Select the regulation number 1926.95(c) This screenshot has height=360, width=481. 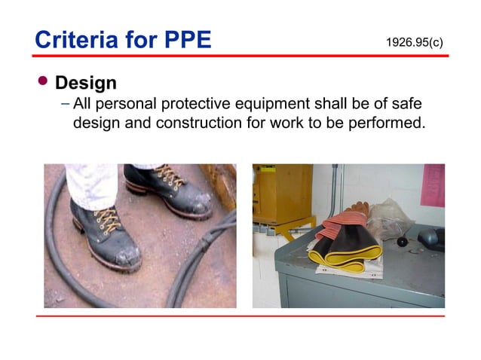point(414,42)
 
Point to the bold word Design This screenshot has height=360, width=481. point(86,82)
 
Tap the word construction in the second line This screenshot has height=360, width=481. point(199,122)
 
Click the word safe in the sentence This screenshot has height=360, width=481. point(405,103)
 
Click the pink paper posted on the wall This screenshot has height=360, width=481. point(434,185)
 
